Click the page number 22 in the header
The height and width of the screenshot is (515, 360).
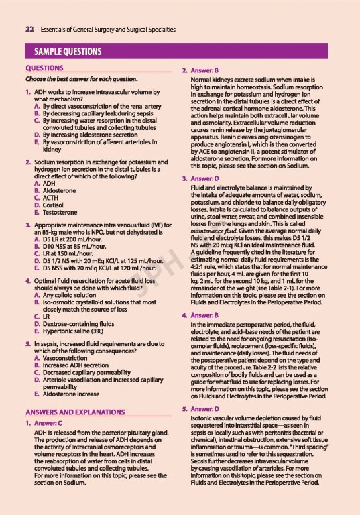coord(29,30)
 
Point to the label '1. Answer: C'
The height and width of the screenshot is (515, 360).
coord(47,442)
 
